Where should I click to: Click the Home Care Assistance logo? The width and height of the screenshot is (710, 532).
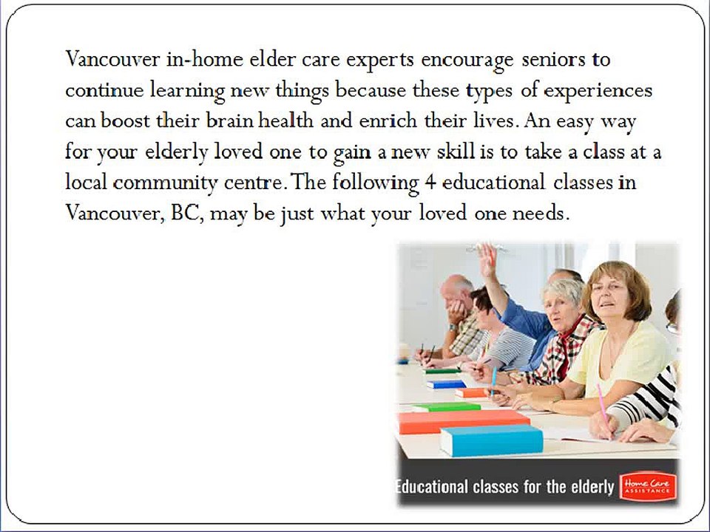[x=648, y=487]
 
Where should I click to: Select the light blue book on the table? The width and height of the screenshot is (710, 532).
[x=492, y=440]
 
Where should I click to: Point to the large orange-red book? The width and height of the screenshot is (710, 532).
[x=464, y=422]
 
